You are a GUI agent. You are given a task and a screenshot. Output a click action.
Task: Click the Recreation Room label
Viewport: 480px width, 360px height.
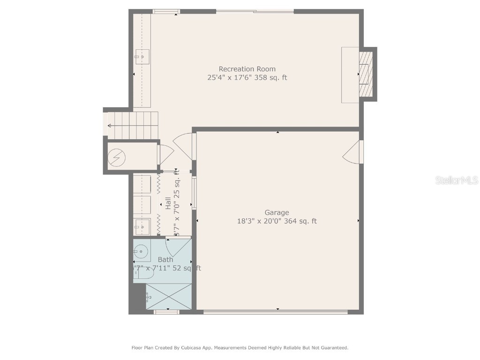click(x=247, y=69)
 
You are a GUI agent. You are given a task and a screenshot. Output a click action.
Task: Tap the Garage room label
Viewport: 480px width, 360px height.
click(x=277, y=212)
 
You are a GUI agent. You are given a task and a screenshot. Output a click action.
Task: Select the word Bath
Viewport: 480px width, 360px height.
click(x=165, y=259)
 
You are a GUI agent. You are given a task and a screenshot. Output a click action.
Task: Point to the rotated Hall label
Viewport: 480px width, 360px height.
click(x=168, y=202)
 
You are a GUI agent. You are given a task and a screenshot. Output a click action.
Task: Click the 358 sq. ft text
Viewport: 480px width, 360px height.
click(x=270, y=78)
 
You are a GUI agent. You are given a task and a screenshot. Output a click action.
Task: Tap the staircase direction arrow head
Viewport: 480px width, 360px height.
click(x=109, y=126)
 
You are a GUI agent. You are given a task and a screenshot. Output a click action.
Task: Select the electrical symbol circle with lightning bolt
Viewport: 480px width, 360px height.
click(x=116, y=157)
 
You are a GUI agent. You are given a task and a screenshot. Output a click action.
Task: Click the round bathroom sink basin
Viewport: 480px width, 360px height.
click(x=141, y=252)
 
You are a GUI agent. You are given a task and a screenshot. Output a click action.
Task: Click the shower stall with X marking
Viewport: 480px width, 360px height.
click(x=169, y=297)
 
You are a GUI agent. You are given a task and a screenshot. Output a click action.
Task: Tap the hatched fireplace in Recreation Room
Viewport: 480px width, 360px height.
click(x=365, y=74)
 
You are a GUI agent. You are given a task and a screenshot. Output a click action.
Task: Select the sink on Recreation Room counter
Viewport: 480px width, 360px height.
click(x=142, y=57)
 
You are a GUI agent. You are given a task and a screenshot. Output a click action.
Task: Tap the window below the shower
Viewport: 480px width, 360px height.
click(x=166, y=311)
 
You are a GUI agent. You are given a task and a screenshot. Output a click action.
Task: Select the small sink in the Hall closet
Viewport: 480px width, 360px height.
click(x=141, y=227)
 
